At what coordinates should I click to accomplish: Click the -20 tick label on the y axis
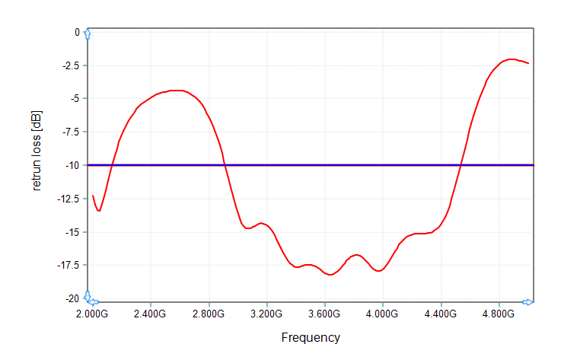(x=72, y=298)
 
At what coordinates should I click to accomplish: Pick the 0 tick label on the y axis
(x=77, y=32)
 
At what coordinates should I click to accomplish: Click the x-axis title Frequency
(x=311, y=337)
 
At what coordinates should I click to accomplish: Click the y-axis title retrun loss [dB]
(x=37, y=150)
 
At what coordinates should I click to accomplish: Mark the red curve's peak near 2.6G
(x=177, y=91)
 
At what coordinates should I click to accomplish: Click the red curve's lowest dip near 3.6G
(x=330, y=275)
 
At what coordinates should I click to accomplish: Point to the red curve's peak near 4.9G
(x=512, y=59)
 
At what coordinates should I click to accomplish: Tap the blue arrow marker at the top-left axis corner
(x=88, y=34)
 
